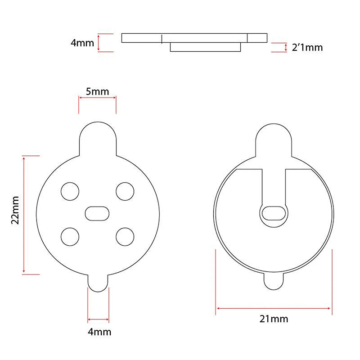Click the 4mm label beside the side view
click(x=82, y=43)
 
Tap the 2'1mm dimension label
click(x=307, y=47)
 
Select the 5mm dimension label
click(x=98, y=91)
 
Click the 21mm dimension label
click(x=274, y=319)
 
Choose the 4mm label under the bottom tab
click(x=99, y=332)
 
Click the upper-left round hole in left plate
click(x=69, y=191)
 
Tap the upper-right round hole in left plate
click(x=125, y=191)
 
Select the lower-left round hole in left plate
click(x=69, y=236)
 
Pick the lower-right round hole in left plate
click(x=125, y=236)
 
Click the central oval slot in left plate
click(x=97, y=213)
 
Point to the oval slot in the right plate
click(x=274, y=212)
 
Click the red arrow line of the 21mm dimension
click(x=274, y=308)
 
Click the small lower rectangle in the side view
click(x=206, y=47)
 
